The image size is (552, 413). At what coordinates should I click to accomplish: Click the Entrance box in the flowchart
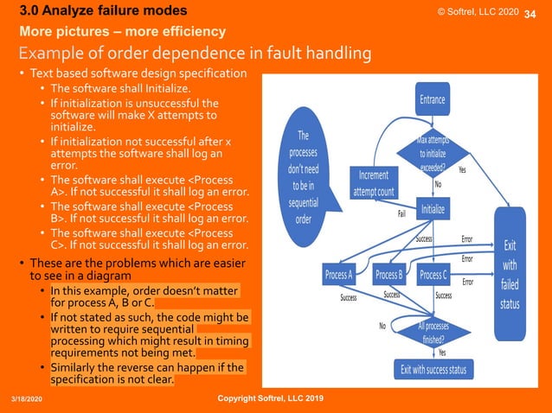[x=433, y=99]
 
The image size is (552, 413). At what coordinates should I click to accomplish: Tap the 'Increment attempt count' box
[x=374, y=182]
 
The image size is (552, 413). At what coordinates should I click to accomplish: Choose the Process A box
[x=338, y=276]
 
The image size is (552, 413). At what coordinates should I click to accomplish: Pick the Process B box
[x=388, y=276]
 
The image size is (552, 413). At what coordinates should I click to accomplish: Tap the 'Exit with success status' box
[x=433, y=370]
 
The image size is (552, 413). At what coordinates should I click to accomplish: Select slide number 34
[x=531, y=12]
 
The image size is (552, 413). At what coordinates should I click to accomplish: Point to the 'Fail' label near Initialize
[x=401, y=213]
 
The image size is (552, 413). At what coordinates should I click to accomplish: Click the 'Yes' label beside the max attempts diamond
[x=462, y=170]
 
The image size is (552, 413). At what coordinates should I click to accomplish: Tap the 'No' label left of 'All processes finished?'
[x=382, y=326]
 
